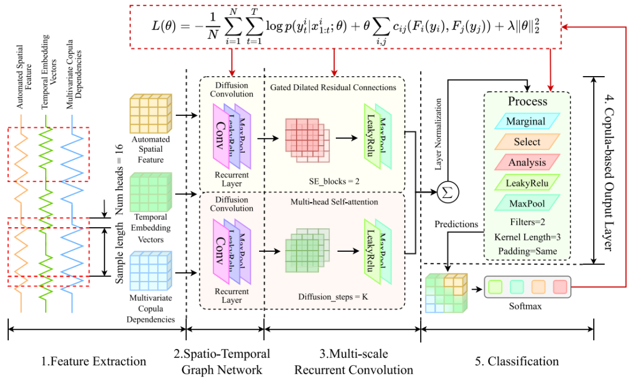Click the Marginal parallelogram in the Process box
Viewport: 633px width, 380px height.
(x=526, y=122)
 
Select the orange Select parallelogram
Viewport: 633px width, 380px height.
(x=526, y=142)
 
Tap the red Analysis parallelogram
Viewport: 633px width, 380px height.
(x=526, y=162)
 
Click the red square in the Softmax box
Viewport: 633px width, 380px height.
(x=559, y=287)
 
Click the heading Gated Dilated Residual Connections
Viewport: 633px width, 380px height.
(x=333, y=87)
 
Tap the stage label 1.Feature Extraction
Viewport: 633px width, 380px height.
(x=94, y=361)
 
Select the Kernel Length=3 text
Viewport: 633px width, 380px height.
(x=526, y=238)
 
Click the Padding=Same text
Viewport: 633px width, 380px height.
(x=526, y=252)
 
